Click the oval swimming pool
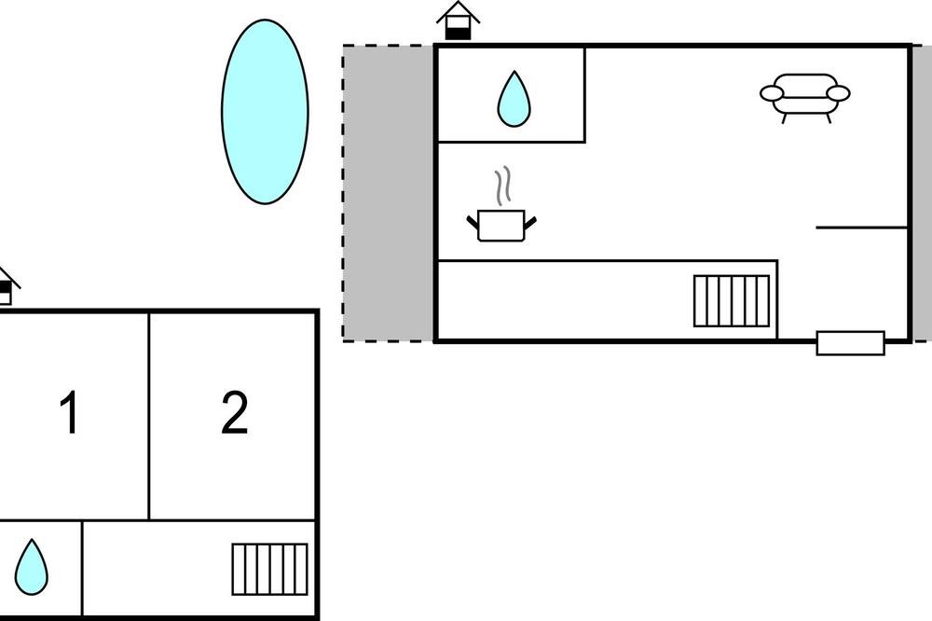265,112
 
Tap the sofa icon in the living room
805,98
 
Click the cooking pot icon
501,226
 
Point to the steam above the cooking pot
503,186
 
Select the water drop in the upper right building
514,99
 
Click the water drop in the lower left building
31,567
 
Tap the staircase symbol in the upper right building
732,301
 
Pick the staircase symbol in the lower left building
270,569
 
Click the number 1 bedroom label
70,413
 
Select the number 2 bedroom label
235,413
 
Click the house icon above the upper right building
459,21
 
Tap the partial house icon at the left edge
7,286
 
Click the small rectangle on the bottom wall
851,343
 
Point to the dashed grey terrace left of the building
388,193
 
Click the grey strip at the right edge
922,193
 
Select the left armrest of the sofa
772,93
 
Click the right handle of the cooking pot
530,223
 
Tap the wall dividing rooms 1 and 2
148,416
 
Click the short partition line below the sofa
861,228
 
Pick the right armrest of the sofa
838,93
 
